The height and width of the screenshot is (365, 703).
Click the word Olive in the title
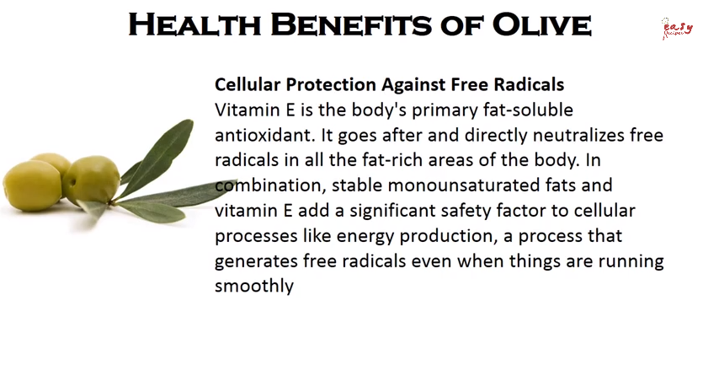542,24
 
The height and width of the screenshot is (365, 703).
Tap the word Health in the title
194,24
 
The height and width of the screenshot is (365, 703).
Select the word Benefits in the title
351,24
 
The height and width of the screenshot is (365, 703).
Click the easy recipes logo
677,29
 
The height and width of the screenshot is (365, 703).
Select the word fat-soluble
528,110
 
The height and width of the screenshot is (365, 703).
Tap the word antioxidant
263,135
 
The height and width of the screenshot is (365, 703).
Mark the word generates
256,261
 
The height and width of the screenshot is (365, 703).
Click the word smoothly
254,286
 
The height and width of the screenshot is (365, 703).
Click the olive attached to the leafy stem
91,180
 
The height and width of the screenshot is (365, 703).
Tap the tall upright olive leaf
157,158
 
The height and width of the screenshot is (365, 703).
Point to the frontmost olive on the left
32,185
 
